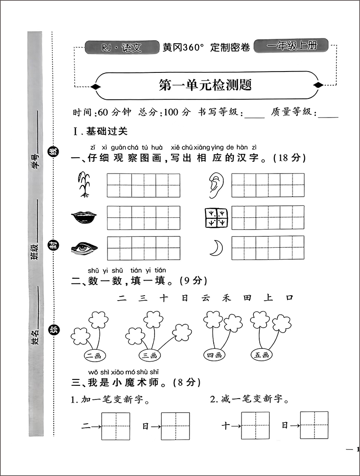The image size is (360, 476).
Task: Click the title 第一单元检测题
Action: [205, 85]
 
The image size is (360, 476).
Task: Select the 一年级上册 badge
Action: [291, 46]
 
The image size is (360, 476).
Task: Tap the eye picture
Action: [84, 248]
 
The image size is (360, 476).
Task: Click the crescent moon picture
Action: [214, 248]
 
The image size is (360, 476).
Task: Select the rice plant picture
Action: [83, 184]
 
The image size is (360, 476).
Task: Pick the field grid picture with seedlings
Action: [216, 217]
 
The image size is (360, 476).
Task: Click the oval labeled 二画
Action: [96, 355]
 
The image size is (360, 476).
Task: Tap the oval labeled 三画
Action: [150, 355]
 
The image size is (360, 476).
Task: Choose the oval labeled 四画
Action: [214, 355]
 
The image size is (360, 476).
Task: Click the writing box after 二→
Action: [116, 426]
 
